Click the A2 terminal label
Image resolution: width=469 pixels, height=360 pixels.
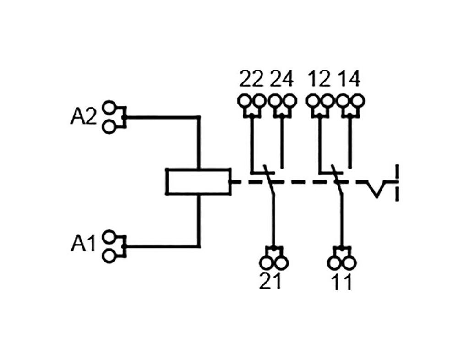click(83, 117)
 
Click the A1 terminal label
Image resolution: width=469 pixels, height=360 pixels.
click(83, 244)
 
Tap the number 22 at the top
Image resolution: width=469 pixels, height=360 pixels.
click(251, 79)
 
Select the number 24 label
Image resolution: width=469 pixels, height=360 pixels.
click(281, 79)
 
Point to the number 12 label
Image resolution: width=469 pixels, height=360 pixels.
click(319, 79)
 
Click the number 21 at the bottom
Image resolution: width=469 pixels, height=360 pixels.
click(271, 282)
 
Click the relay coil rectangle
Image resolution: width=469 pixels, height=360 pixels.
click(198, 182)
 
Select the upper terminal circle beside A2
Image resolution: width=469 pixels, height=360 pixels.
click(109, 108)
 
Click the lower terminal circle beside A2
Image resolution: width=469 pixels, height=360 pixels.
click(109, 127)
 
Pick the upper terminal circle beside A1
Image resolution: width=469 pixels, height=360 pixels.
click(109, 237)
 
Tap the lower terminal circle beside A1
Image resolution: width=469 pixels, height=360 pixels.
click(109, 256)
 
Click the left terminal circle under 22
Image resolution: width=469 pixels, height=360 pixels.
click(245, 100)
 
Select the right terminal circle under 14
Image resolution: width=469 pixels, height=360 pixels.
click(357, 100)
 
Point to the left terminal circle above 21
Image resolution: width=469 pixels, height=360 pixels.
click(266, 262)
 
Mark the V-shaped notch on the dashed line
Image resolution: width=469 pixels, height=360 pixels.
click(376, 189)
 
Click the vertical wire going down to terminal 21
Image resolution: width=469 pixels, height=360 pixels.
click(273, 220)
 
